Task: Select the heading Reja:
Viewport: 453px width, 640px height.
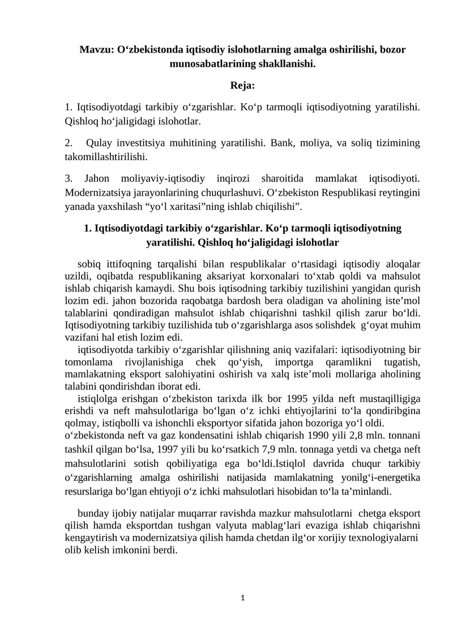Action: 242,86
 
